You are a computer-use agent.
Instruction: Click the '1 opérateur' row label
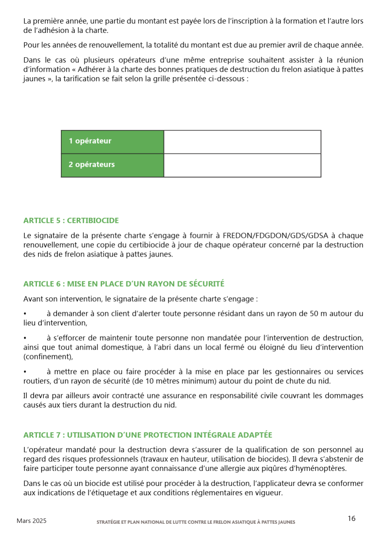[x=90, y=141]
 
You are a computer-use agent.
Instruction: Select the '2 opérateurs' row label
[x=91, y=165]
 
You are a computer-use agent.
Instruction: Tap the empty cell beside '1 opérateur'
[x=242, y=142]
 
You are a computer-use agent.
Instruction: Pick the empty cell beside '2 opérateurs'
[x=242, y=165]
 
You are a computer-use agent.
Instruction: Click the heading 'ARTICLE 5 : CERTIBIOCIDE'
[x=71, y=221]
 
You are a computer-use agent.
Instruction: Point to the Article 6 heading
[x=124, y=284]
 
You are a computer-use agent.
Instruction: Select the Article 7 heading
[x=148, y=435]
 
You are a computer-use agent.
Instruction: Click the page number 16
[x=352, y=518]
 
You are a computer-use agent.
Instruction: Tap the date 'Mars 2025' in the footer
[x=32, y=521]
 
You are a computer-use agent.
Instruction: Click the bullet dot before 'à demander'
[x=25, y=314]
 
